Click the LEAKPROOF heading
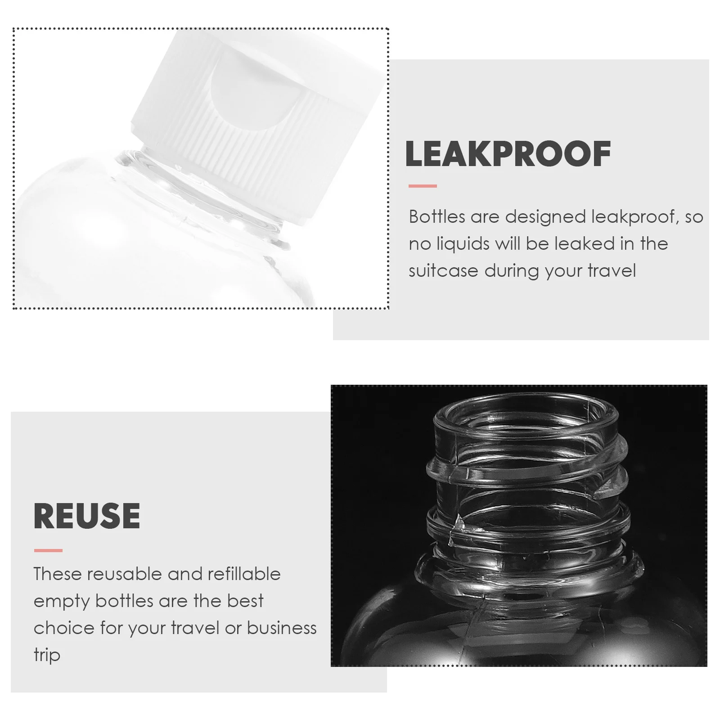508,154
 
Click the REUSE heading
87,516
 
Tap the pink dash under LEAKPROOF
423,186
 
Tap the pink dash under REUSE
48,550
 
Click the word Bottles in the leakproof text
436,217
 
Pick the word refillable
243,574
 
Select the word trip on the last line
47,655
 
